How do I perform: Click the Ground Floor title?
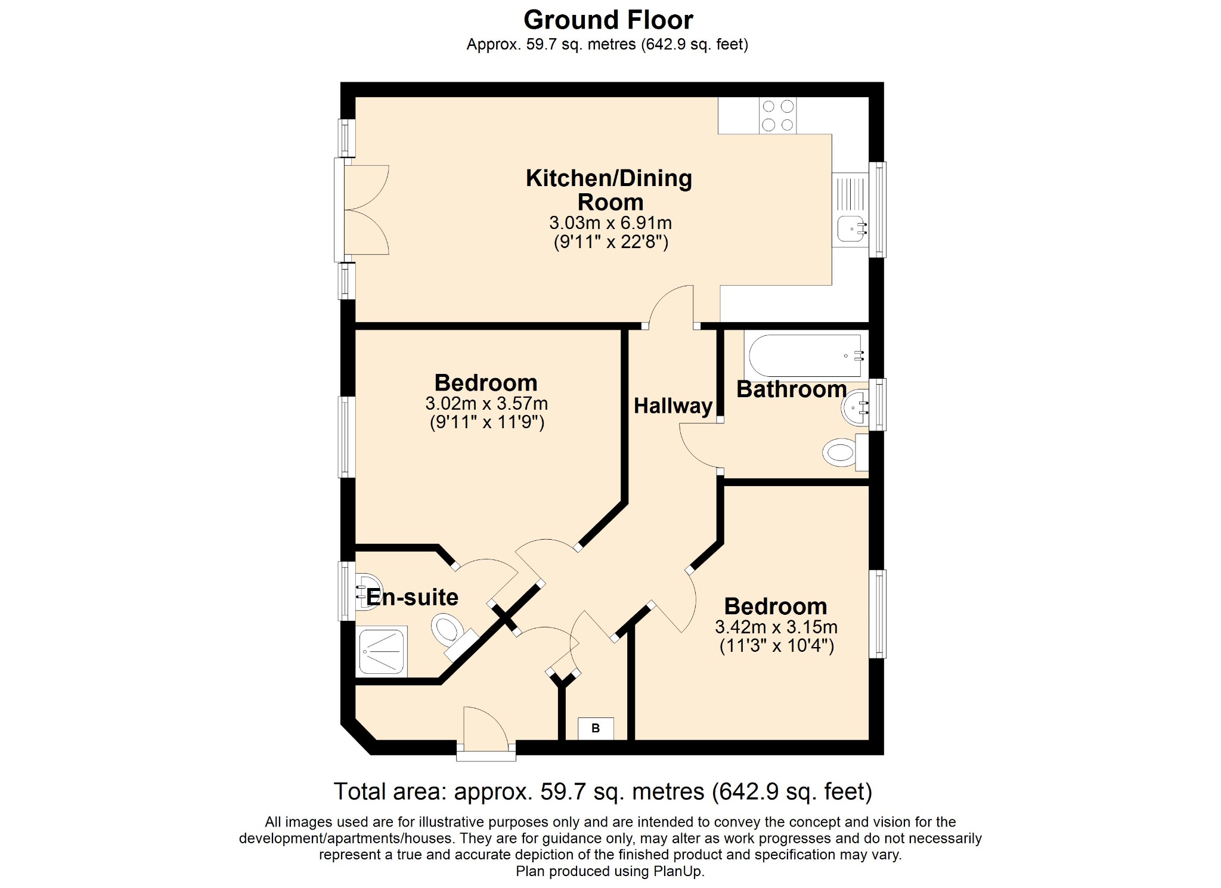608,20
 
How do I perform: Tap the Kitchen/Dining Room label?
609,190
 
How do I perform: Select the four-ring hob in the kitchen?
777,115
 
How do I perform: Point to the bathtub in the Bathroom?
805,356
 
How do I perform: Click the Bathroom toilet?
845,453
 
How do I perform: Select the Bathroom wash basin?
856,408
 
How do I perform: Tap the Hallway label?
673,406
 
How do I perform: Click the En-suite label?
412,597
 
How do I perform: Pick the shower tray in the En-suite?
382,651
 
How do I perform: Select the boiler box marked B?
596,728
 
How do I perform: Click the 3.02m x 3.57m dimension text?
486,404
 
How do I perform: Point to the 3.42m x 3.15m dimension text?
776,627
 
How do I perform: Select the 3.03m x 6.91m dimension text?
610,223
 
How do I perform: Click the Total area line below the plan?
603,792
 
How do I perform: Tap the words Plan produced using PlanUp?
610,871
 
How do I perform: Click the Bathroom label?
792,389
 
